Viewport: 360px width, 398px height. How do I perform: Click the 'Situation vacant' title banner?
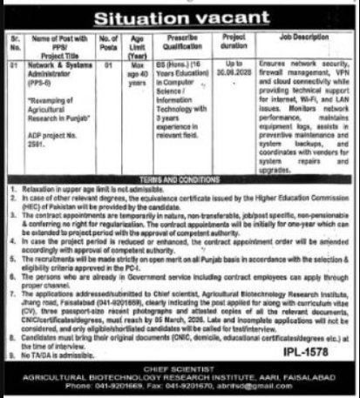(x=180, y=16)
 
